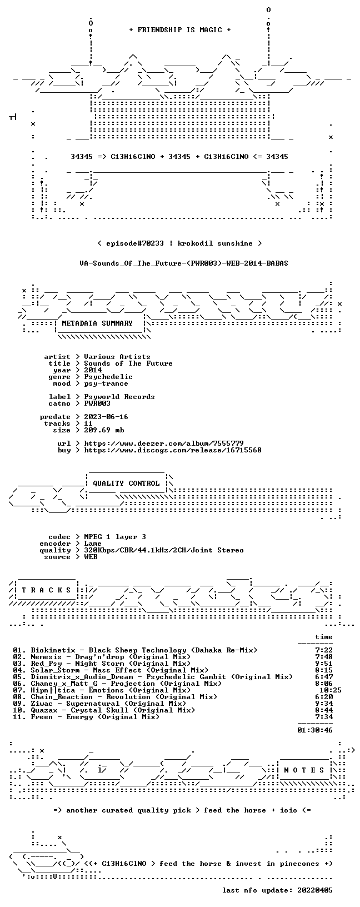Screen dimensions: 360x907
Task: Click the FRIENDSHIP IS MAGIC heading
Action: [180, 30]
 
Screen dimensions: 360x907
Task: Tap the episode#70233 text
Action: [135, 243]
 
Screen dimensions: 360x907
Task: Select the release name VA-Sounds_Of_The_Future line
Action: [184, 263]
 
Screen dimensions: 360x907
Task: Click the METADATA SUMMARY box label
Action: [97, 323]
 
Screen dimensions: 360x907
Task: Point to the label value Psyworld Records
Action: [119, 397]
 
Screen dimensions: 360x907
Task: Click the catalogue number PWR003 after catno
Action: [97, 403]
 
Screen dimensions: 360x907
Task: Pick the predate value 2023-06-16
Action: [106, 417]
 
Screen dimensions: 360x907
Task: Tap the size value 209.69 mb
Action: [104, 430]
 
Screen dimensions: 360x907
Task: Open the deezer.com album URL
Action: [164, 443]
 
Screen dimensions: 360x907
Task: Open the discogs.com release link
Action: [173, 450]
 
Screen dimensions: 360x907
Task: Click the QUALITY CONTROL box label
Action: [126, 483]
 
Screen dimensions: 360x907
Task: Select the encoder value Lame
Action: [93, 544]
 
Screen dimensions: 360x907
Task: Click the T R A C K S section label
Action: [46, 590]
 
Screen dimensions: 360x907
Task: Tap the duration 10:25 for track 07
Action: [331, 690]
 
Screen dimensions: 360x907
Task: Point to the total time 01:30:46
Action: [315, 730]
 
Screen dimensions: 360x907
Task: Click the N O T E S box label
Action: [304, 770]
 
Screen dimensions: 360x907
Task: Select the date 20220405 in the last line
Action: [315, 890]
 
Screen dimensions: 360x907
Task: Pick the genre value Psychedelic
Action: [108, 377]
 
